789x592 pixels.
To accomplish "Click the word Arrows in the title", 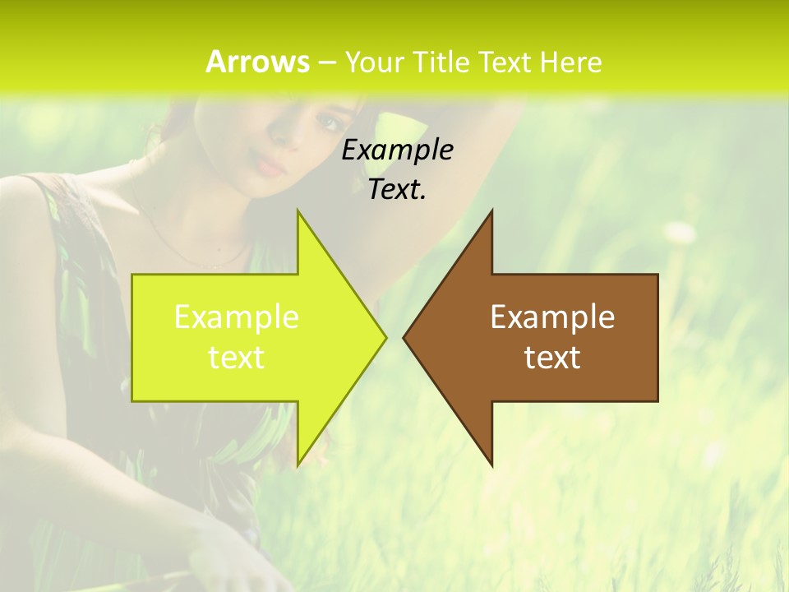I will point(257,62).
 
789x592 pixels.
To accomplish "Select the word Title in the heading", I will point(440,62).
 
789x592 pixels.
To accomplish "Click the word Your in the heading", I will point(374,62).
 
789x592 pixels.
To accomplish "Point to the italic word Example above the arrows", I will point(397,150).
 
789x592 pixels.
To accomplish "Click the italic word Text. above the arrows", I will point(397,189).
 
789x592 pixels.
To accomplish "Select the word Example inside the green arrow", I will point(237,317).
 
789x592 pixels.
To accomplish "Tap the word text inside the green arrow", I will point(237,358).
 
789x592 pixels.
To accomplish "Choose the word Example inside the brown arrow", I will point(552,317).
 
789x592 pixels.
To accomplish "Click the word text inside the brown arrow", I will point(552,358).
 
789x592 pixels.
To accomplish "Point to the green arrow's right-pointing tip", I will point(385,337).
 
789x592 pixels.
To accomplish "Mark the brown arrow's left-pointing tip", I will point(404,337).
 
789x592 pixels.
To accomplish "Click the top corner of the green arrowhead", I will point(298,211).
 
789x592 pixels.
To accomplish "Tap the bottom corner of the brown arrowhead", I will point(491,465).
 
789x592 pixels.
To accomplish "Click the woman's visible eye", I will point(330,123).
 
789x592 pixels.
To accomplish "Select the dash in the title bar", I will point(326,62).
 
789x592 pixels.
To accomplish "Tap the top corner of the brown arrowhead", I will point(491,211).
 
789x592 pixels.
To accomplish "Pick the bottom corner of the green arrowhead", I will point(298,465).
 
